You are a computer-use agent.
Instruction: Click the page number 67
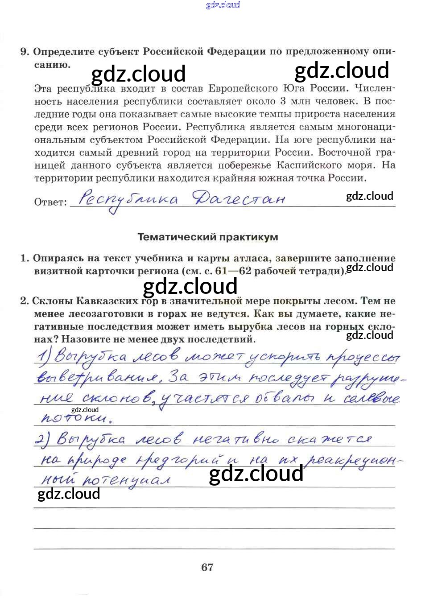click(x=207, y=567)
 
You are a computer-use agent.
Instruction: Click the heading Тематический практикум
click(x=208, y=237)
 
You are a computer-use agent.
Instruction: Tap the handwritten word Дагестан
click(x=239, y=198)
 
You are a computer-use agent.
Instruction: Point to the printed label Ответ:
click(x=50, y=202)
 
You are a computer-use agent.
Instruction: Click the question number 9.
click(x=25, y=52)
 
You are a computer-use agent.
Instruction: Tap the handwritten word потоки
click(x=76, y=418)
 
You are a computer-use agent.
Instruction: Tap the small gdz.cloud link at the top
click(x=223, y=5)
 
